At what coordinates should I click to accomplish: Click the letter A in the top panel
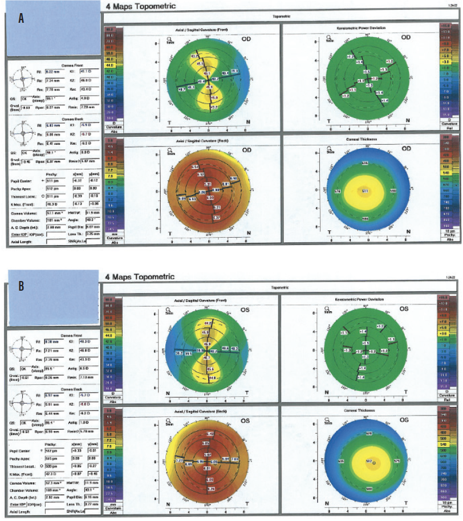(x=22, y=19)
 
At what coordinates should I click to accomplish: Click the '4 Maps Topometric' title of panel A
(x=140, y=6)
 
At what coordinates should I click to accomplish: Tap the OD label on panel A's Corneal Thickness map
(x=407, y=149)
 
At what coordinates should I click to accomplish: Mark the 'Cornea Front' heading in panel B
(x=72, y=334)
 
